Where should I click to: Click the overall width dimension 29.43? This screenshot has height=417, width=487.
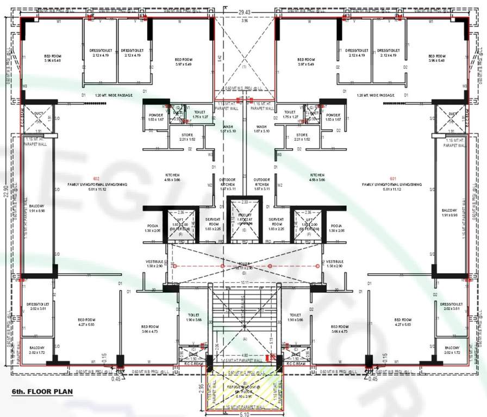click(x=244, y=11)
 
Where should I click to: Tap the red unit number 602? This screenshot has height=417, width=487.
click(x=96, y=179)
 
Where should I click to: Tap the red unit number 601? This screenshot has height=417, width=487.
click(x=392, y=179)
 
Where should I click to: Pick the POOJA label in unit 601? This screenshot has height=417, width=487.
click(x=336, y=226)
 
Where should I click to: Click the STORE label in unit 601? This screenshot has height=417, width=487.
click(x=302, y=137)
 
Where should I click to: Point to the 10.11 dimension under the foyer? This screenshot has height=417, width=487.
click(x=244, y=282)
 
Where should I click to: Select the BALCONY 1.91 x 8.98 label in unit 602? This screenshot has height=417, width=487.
click(x=38, y=212)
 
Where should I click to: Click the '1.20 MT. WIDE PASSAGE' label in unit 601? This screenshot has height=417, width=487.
click(x=376, y=95)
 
